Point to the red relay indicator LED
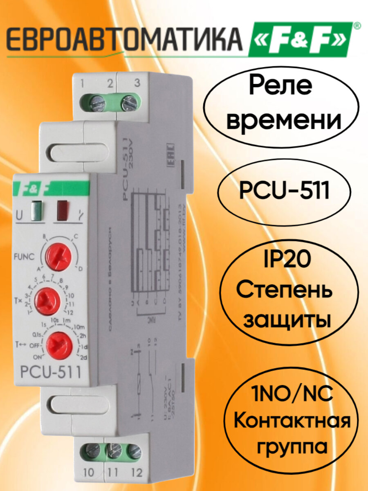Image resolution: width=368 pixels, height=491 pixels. pos(62,208)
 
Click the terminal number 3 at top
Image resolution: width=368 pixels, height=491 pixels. pos(137,83)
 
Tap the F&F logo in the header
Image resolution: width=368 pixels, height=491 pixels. pos(299,40)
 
